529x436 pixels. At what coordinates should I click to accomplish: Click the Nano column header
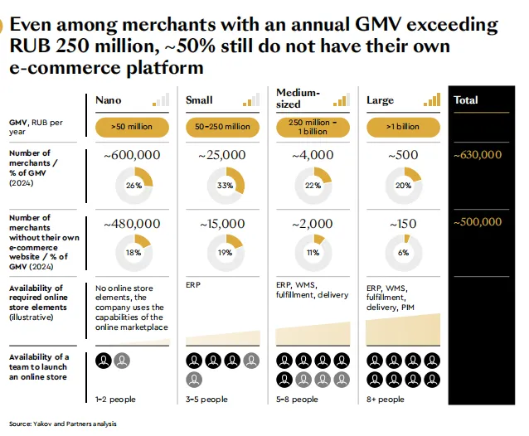[108, 100]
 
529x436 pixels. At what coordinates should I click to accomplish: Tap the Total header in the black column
[466, 100]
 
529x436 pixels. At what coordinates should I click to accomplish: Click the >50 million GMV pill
[131, 127]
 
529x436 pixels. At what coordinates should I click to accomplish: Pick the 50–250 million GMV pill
[222, 127]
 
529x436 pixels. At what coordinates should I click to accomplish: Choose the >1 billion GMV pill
[403, 127]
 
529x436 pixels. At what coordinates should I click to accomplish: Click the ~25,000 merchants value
[222, 155]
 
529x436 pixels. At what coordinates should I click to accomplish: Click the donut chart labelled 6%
[404, 253]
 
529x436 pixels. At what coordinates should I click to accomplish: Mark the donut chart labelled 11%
[313, 253]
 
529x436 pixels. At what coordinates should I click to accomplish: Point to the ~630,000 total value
[478, 155]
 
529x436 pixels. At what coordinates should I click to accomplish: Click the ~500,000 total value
[478, 222]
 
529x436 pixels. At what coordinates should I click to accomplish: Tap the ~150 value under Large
[403, 224]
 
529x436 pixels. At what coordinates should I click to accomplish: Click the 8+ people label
[386, 400]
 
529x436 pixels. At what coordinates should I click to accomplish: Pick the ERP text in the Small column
[192, 283]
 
